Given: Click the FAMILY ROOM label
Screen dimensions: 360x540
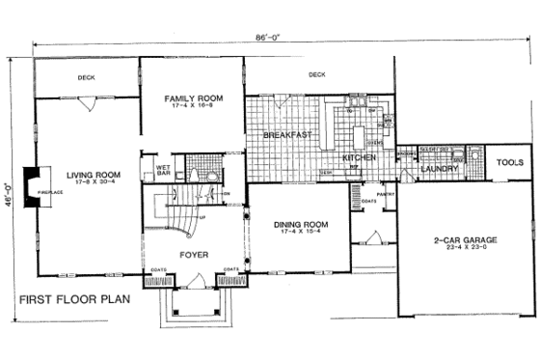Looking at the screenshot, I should pos(189,98).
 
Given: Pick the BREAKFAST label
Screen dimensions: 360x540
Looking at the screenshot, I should pos(286,135).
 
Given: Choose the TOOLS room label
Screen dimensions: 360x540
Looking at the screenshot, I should pos(509,162).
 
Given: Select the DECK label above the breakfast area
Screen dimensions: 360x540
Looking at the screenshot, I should pos(316,74).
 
